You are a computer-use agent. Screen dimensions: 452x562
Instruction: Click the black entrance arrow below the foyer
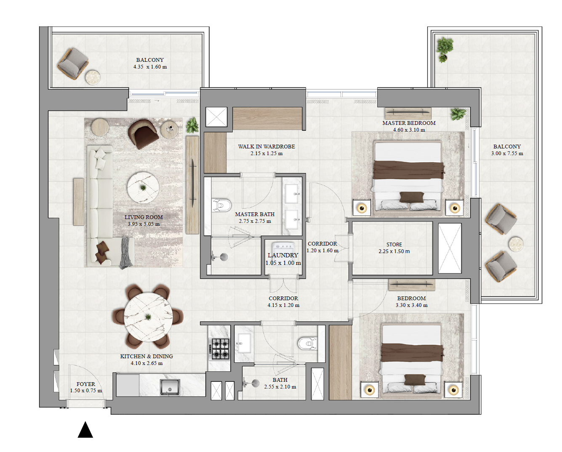pos(85,430)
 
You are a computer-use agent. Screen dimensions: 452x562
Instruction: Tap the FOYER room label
pos(86,384)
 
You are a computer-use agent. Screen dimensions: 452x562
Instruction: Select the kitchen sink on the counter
pos(170,387)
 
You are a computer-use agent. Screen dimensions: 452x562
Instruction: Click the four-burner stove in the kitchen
pos(220,349)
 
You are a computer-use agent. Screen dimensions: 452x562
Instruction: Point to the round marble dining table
pos(148,317)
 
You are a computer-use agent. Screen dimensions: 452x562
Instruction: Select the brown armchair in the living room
pos(144,133)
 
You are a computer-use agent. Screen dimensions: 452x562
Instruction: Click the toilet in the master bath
pos(222,206)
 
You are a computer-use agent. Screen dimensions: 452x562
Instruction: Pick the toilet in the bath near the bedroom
pos(307,344)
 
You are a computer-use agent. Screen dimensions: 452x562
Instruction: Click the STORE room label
pos(394,244)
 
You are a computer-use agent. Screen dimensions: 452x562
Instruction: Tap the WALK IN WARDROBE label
pos(266,146)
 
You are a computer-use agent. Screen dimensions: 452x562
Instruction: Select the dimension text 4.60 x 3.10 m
pos(409,130)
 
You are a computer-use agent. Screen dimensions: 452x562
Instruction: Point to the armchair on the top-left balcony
pos(73,63)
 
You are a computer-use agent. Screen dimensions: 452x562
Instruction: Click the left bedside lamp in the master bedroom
pos(362,208)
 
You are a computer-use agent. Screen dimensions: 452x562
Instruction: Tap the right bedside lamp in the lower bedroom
pos(453,390)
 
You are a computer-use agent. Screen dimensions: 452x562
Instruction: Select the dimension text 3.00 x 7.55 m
pos(507,153)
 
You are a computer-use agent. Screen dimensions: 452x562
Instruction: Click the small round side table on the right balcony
pos(516,244)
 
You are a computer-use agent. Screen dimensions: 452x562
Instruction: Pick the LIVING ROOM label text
pos(144,217)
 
